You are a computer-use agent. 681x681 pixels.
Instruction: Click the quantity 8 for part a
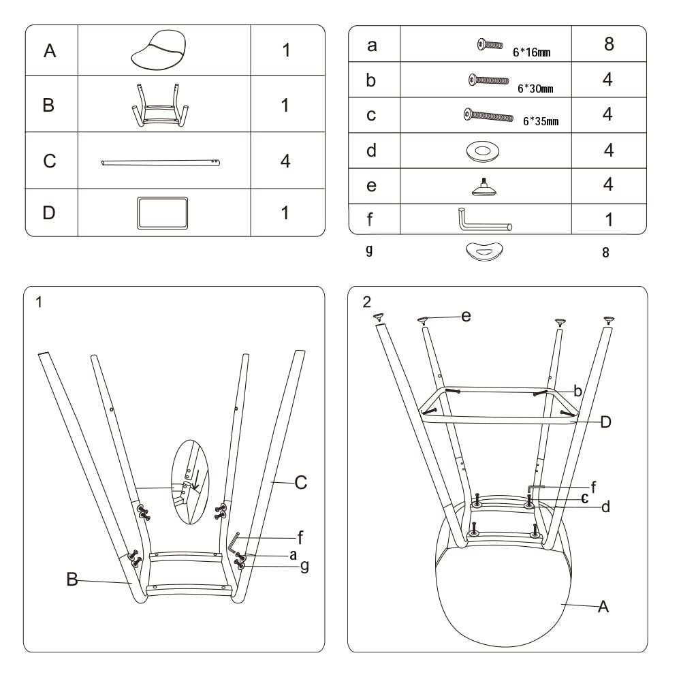608,44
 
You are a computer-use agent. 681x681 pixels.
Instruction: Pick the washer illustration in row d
486,151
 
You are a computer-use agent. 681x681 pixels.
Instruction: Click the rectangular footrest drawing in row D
162,212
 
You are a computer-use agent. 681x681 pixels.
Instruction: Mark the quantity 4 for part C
286,161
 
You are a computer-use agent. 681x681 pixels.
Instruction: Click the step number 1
39,302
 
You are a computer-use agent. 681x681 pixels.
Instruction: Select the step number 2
367,302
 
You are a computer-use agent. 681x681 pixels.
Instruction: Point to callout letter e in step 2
466,316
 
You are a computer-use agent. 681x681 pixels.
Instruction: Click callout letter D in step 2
605,422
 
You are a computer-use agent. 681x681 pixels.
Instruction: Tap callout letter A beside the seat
602,607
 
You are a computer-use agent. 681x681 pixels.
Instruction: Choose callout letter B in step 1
72,580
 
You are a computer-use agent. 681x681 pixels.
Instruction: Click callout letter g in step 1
304,566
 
